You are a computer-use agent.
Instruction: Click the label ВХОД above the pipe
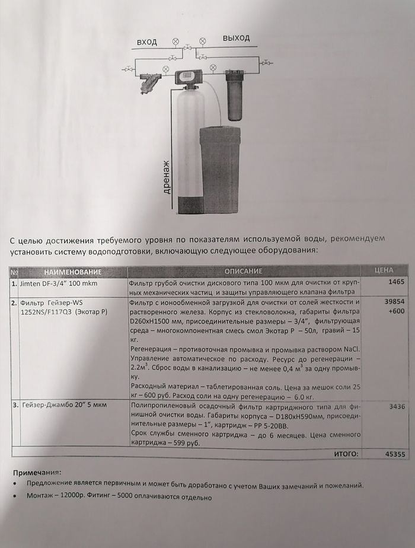pyautogui.click(x=147, y=42)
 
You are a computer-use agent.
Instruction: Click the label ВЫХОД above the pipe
pyautogui.click(x=236, y=39)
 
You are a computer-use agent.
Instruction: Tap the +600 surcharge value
pyautogui.click(x=396, y=311)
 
